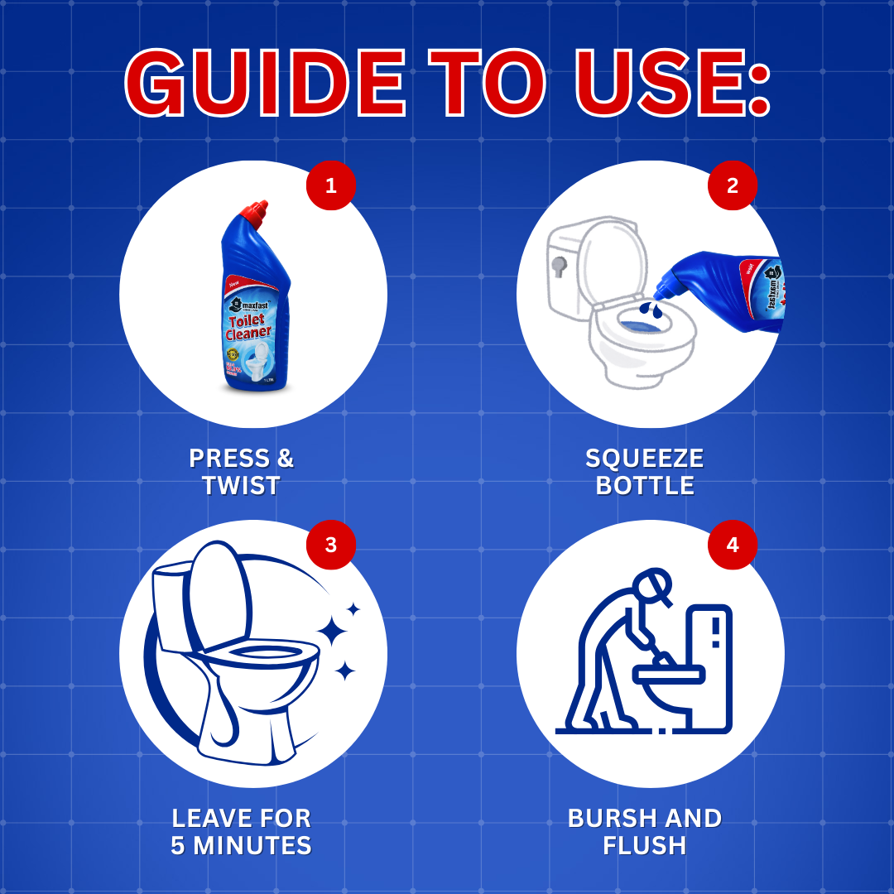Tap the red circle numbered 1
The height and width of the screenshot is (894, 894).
click(x=331, y=185)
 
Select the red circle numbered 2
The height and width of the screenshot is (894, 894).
click(x=733, y=185)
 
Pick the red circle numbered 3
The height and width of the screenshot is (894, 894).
click(x=331, y=545)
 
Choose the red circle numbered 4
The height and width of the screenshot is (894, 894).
click(x=733, y=545)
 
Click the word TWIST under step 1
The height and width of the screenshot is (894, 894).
click(x=241, y=485)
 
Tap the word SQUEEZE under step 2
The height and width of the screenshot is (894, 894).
click(x=645, y=458)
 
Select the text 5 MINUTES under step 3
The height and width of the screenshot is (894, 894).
click(x=241, y=845)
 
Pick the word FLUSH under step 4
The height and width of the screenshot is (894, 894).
click(x=645, y=845)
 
